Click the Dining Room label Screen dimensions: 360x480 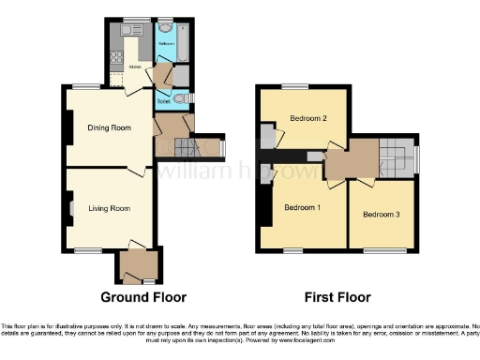(107, 128)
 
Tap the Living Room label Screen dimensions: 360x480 (108, 208)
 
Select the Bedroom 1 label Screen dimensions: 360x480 (302, 206)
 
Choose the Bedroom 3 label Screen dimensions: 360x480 (382, 215)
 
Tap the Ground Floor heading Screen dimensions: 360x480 (142, 297)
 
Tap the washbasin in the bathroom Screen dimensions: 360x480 (165, 26)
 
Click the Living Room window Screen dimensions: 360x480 (88, 249)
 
